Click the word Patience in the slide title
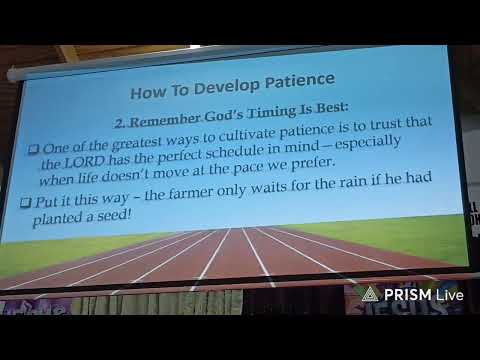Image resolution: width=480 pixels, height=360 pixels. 300,81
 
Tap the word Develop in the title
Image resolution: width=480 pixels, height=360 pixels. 226,86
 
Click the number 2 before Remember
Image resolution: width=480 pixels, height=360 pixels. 120,124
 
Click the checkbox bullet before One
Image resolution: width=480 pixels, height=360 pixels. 33,149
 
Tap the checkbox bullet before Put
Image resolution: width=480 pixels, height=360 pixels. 25,202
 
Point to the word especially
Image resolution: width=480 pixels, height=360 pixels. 368,143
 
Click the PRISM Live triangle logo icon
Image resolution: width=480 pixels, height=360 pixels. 370,294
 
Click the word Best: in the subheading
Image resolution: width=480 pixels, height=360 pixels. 332,108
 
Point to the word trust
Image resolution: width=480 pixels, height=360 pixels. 386,124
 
